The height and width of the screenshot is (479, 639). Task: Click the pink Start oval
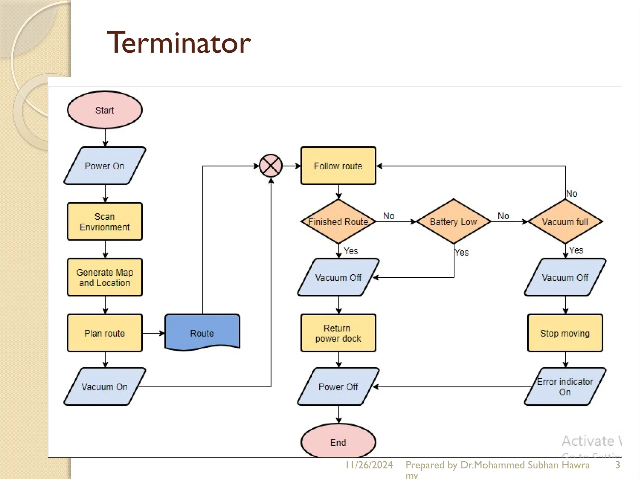click(105, 110)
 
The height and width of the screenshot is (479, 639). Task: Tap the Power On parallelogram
click(105, 166)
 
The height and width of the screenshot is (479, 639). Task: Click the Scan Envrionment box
click(105, 221)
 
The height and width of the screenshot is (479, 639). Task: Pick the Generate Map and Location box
click(105, 277)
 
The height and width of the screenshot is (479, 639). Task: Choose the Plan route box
click(105, 333)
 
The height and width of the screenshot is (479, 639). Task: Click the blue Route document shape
click(202, 332)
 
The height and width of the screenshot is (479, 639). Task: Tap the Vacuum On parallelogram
click(105, 387)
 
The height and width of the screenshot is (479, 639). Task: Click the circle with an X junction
click(271, 166)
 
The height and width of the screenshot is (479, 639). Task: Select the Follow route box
click(338, 166)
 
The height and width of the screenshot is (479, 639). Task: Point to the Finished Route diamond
click(338, 222)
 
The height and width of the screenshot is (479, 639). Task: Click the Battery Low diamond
click(453, 222)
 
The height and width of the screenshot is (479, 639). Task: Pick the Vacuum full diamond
click(565, 222)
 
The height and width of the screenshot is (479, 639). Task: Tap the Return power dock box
click(338, 333)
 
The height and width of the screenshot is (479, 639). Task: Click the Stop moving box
click(565, 333)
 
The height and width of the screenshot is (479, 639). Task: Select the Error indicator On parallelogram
click(565, 387)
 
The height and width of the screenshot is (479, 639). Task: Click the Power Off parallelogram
click(338, 387)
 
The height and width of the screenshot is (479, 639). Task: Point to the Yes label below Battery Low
click(462, 252)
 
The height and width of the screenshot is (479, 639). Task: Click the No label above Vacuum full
click(572, 194)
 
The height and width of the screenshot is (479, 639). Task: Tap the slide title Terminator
click(179, 43)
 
